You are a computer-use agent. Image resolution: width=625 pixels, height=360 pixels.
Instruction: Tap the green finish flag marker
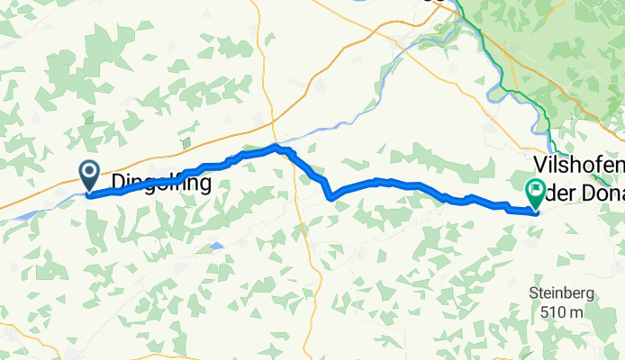click(x=535, y=192)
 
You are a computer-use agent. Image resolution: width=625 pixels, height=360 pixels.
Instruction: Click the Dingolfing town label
click(x=162, y=184)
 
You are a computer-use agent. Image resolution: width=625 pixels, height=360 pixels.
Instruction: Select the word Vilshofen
click(x=577, y=165)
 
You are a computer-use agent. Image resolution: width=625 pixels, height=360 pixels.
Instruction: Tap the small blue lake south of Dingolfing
click(x=214, y=245)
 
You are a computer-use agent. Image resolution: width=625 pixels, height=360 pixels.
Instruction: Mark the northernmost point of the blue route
click(x=277, y=146)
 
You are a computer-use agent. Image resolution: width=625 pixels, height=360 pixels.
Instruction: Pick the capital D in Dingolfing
click(x=118, y=184)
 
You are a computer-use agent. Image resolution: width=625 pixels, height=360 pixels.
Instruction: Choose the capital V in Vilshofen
click(x=540, y=165)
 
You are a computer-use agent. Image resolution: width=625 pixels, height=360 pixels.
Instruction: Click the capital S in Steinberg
click(x=534, y=293)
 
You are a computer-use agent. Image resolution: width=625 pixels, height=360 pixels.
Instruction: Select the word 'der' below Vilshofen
click(x=562, y=189)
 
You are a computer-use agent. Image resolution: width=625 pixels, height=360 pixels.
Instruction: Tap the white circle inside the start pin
click(x=90, y=170)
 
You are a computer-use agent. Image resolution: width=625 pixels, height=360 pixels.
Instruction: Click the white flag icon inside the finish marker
click(x=535, y=189)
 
